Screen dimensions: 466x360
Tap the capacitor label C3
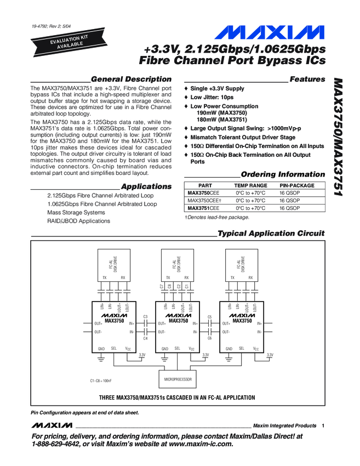[145, 317]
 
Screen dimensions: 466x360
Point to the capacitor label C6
[210, 338]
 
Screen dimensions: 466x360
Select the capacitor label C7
[162, 286]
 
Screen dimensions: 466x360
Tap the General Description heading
[131, 79]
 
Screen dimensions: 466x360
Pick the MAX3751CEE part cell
[204, 208]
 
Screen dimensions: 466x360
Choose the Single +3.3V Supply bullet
[218, 89]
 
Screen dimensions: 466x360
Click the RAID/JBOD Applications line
[78, 221]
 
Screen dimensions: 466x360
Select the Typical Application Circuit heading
[271, 234]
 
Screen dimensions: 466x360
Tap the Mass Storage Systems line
[76, 212]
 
